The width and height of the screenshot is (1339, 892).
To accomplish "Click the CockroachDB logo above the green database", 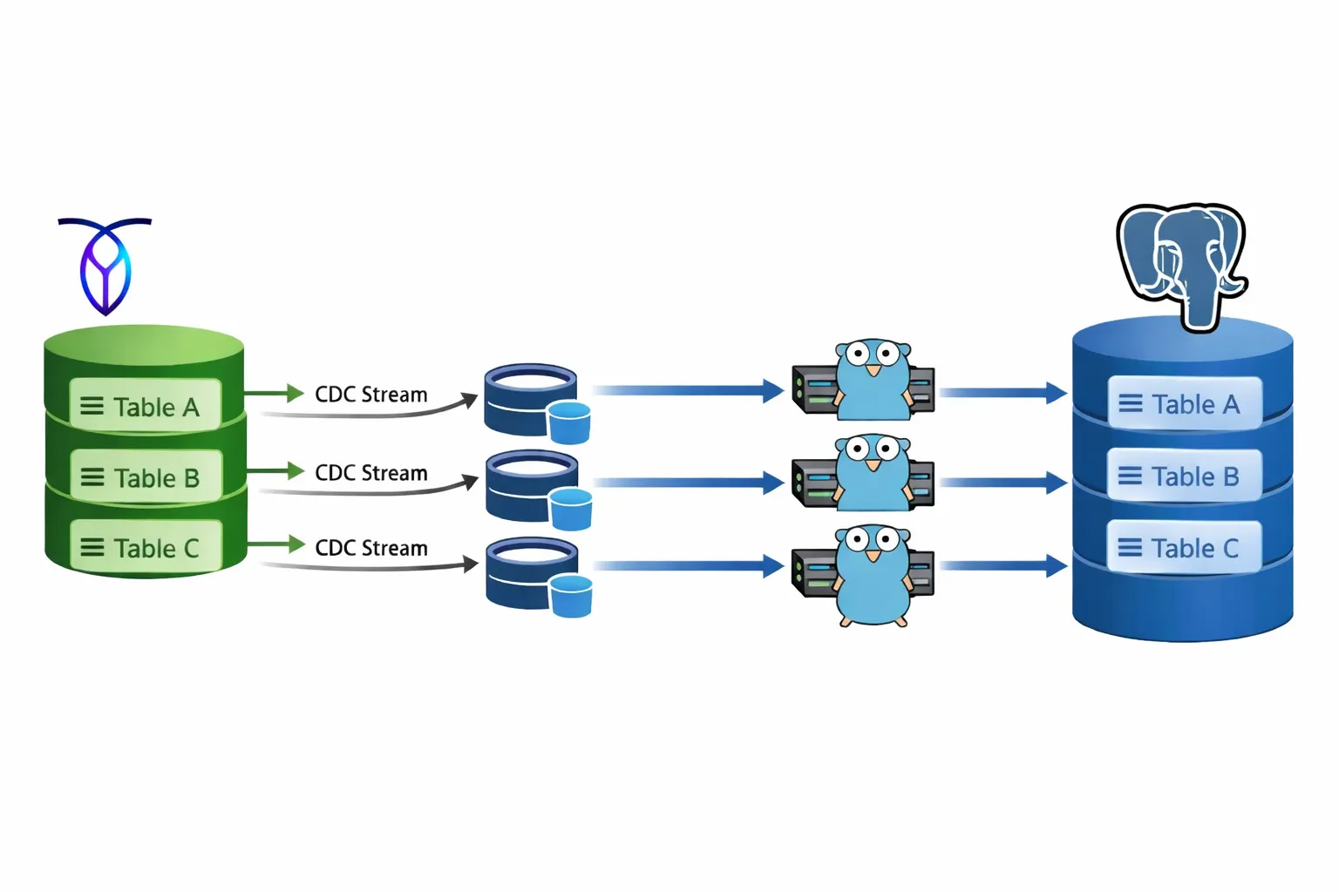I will point(105,266).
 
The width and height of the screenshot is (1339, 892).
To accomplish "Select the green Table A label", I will point(145,406).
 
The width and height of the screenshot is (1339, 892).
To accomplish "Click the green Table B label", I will point(146,477).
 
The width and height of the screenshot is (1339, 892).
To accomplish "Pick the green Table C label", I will point(146,548).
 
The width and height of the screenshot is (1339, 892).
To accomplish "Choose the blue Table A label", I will point(1184,404).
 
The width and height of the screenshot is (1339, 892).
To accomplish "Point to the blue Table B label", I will point(1184,476).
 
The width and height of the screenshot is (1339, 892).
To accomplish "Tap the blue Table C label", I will point(1184,548).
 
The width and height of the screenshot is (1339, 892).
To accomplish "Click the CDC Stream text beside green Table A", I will point(370,395).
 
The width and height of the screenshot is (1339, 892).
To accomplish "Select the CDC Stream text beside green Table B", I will point(370,473).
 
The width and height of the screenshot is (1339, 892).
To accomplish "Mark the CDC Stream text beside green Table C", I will point(370,548).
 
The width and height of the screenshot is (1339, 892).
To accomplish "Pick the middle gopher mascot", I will point(873,474).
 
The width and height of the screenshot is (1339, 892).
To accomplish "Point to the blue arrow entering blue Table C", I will point(1003,566).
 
